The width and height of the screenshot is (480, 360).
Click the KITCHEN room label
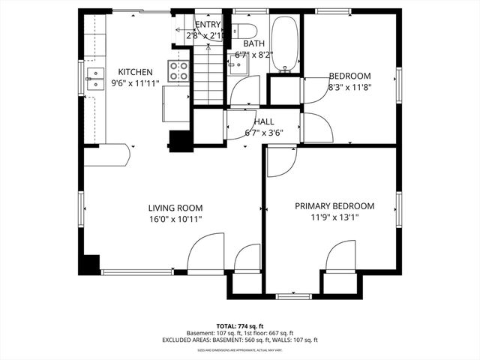tap(135, 72)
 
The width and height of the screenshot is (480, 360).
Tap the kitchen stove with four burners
tap(179, 71)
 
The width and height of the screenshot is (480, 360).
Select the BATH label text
tap(243, 44)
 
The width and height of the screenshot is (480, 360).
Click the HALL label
tap(263, 121)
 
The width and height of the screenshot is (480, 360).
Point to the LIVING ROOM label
tap(175, 208)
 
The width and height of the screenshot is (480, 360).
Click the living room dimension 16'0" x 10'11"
tap(175, 219)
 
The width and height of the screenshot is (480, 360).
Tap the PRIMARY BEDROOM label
tap(334, 206)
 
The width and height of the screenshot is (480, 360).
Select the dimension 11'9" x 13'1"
tap(334, 217)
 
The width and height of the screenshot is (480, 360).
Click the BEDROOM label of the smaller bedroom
tap(349, 76)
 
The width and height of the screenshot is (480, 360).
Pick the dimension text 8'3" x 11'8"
tap(349, 87)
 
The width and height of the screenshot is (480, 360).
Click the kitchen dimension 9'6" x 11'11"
tap(135, 83)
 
